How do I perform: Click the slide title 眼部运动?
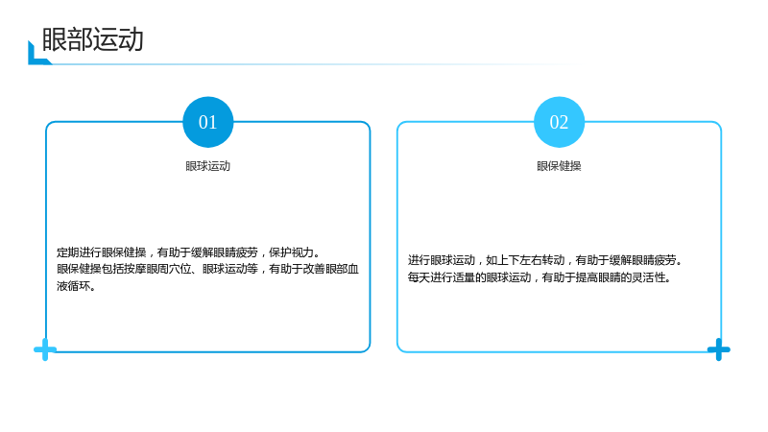[92, 39]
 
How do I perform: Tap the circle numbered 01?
[208, 122]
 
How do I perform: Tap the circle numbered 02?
[559, 122]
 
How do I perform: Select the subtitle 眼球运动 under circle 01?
[207, 166]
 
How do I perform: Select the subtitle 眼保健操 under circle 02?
[559, 166]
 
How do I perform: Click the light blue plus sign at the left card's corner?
[45, 349]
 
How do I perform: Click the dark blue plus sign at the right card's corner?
[718, 349]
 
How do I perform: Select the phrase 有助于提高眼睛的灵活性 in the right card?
[604, 277]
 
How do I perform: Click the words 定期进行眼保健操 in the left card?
[102, 252]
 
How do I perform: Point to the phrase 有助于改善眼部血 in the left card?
[314, 270]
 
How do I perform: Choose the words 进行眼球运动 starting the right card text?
[442, 260]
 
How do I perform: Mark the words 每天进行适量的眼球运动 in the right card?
[469, 277]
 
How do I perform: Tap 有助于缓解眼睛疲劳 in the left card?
[207, 252]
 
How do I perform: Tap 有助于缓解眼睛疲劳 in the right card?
[626, 260]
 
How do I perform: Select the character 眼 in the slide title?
[55, 39]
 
